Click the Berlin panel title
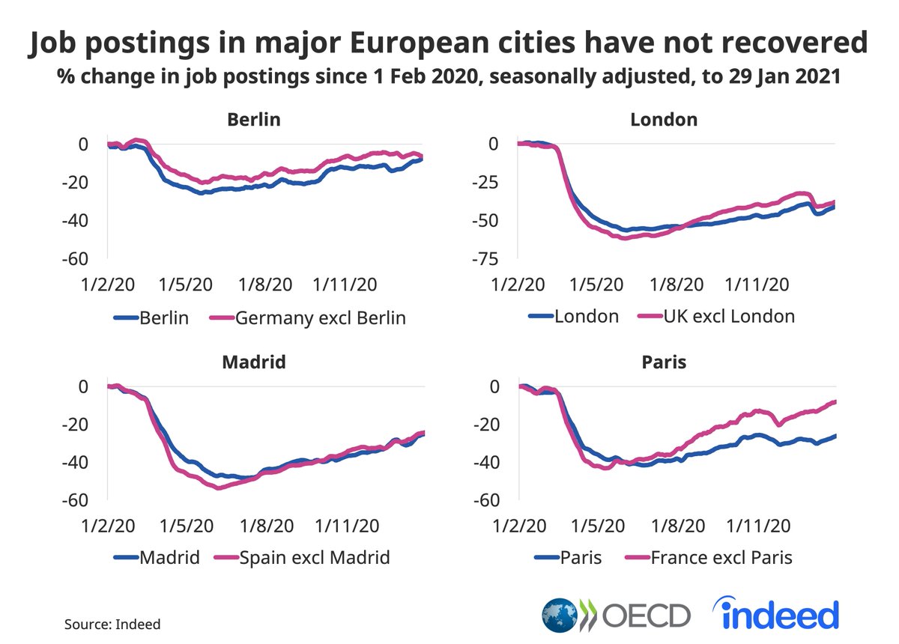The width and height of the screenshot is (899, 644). (254, 120)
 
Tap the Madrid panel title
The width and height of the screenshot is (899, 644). (254, 362)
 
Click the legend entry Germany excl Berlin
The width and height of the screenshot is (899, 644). (320, 318)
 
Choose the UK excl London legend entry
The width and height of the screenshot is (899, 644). (728, 316)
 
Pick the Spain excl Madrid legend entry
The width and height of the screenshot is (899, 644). (314, 558)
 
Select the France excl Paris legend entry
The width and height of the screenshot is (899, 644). (721, 558)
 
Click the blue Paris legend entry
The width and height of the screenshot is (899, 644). (581, 558)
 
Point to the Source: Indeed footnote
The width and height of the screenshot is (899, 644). (112, 624)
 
